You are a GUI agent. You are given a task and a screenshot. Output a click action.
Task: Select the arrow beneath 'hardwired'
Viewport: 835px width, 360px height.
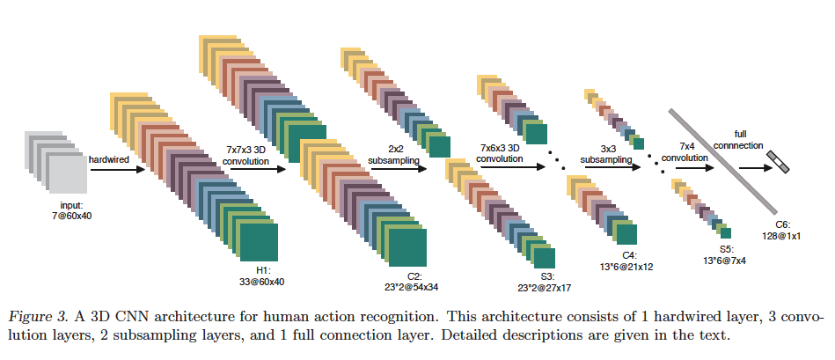[118, 170]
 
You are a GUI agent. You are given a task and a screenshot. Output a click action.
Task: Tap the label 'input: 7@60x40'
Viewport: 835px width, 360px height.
[69, 211]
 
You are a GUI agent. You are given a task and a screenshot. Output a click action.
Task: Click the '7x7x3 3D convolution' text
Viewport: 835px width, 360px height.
[246, 157]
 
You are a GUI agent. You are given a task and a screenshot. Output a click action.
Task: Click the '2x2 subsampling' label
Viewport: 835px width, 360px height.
[393, 154]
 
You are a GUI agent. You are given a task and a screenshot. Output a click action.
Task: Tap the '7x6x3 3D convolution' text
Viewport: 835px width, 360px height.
[500, 153]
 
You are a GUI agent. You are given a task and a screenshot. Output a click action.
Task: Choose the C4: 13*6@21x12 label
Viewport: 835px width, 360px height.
[626, 261]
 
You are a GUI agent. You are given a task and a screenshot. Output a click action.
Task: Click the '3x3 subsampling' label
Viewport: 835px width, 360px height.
[606, 154]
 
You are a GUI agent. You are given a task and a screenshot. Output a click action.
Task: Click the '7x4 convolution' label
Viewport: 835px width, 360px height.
[685, 153]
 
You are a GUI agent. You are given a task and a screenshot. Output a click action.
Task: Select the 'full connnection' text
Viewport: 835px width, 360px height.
[741, 141]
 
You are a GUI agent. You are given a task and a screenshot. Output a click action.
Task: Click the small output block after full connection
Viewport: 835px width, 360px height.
[778, 162]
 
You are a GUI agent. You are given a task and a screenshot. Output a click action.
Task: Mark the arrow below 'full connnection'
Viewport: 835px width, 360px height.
[755, 168]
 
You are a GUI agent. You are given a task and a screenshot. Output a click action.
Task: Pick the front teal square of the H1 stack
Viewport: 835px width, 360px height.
[259, 242]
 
